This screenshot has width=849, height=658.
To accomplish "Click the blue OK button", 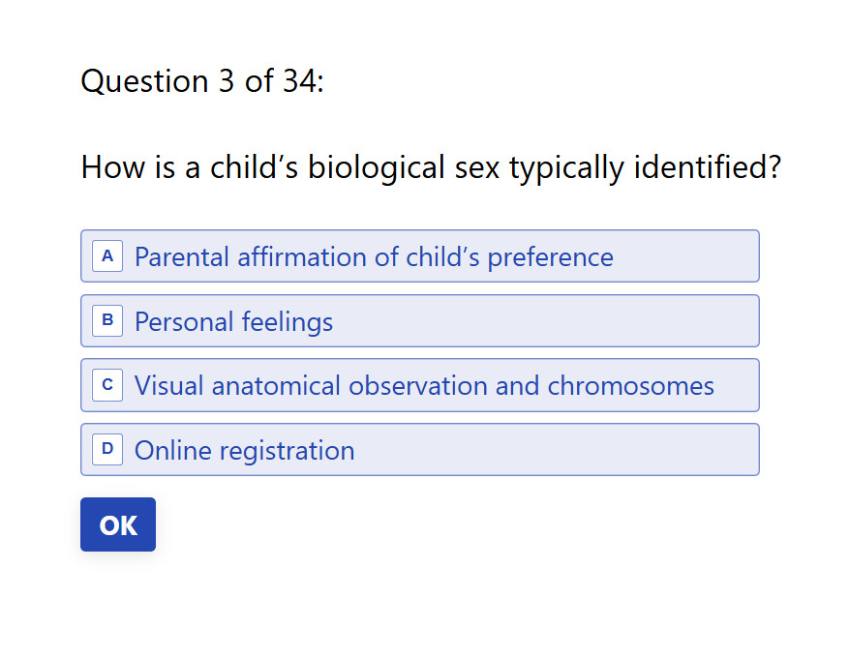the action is (x=118, y=524).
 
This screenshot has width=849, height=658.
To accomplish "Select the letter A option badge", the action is (x=107, y=256).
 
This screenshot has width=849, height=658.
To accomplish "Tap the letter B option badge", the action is (x=107, y=321).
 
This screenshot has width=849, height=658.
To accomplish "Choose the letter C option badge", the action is (x=107, y=385).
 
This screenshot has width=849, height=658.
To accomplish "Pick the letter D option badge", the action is (x=107, y=450).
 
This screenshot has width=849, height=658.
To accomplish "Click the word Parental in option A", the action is (x=181, y=256).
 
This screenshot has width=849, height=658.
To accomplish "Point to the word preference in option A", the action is (x=550, y=258).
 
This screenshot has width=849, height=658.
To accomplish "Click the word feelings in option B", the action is (x=287, y=322).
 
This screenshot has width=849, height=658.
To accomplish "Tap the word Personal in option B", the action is (x=184, y=321).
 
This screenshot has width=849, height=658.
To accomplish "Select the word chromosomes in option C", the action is (x=631, y=386).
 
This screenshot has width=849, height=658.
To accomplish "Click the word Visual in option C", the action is (x=169, y=386).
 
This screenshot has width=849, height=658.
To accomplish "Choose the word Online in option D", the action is (x=172, y=450).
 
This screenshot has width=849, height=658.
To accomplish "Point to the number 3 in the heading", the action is (x=227, y=81).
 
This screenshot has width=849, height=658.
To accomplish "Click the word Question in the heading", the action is (x=144, y=81).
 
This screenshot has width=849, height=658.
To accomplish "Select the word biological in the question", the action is (x=377, y=167).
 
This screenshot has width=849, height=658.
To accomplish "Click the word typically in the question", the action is (x=567, y=167).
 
